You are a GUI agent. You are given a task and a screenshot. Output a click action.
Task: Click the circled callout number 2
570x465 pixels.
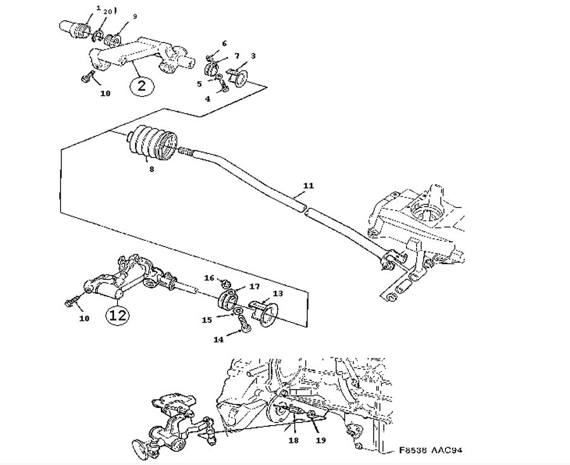pyautogui.click(x=142, y=86)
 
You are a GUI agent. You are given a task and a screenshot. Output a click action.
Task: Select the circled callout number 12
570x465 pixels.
pyautogui.click(x=118, y=314)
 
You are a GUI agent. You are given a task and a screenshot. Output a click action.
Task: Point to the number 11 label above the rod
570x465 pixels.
pyautogui.click(x=308, y=186)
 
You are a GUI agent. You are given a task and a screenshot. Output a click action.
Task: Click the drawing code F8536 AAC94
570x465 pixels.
pyautogui.click(x=431, y=450)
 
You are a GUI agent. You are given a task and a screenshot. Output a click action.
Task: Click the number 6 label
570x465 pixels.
pyautogui.click(x=224, y=44)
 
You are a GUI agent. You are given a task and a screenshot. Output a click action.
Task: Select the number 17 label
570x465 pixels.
pyautogui.click(x=254, y=286)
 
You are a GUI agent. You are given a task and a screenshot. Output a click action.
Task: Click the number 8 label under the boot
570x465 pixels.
pyautogui.click(x=150, y=169)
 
